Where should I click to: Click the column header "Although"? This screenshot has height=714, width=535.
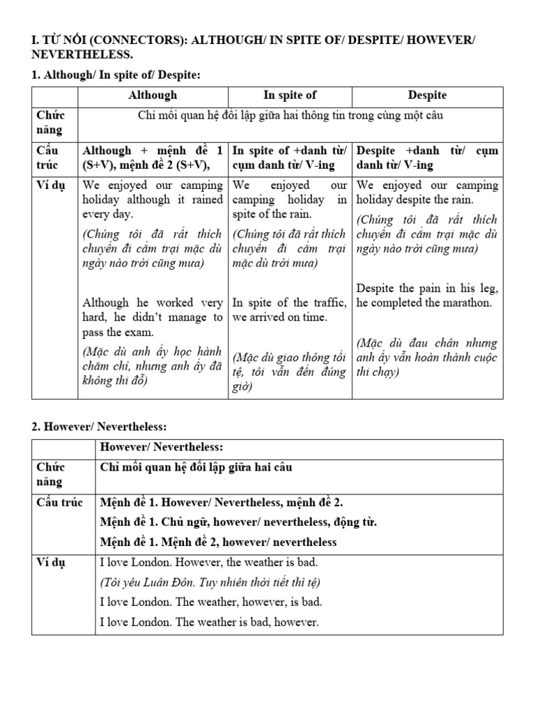(x=153, y=96)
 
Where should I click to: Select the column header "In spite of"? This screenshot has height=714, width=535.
(x=290, y=96)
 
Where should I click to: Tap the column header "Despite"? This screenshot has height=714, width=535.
(x=427, y=96)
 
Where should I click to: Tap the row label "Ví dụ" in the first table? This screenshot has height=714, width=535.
(x=48, y=185)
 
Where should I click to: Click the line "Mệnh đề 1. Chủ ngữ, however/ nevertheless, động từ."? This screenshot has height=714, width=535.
(x=229, y=522)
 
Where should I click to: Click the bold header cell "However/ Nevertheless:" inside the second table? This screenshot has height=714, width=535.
(x=158, y=447)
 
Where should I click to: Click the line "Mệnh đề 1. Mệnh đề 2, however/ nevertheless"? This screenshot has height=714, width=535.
(x=218, y=542)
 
